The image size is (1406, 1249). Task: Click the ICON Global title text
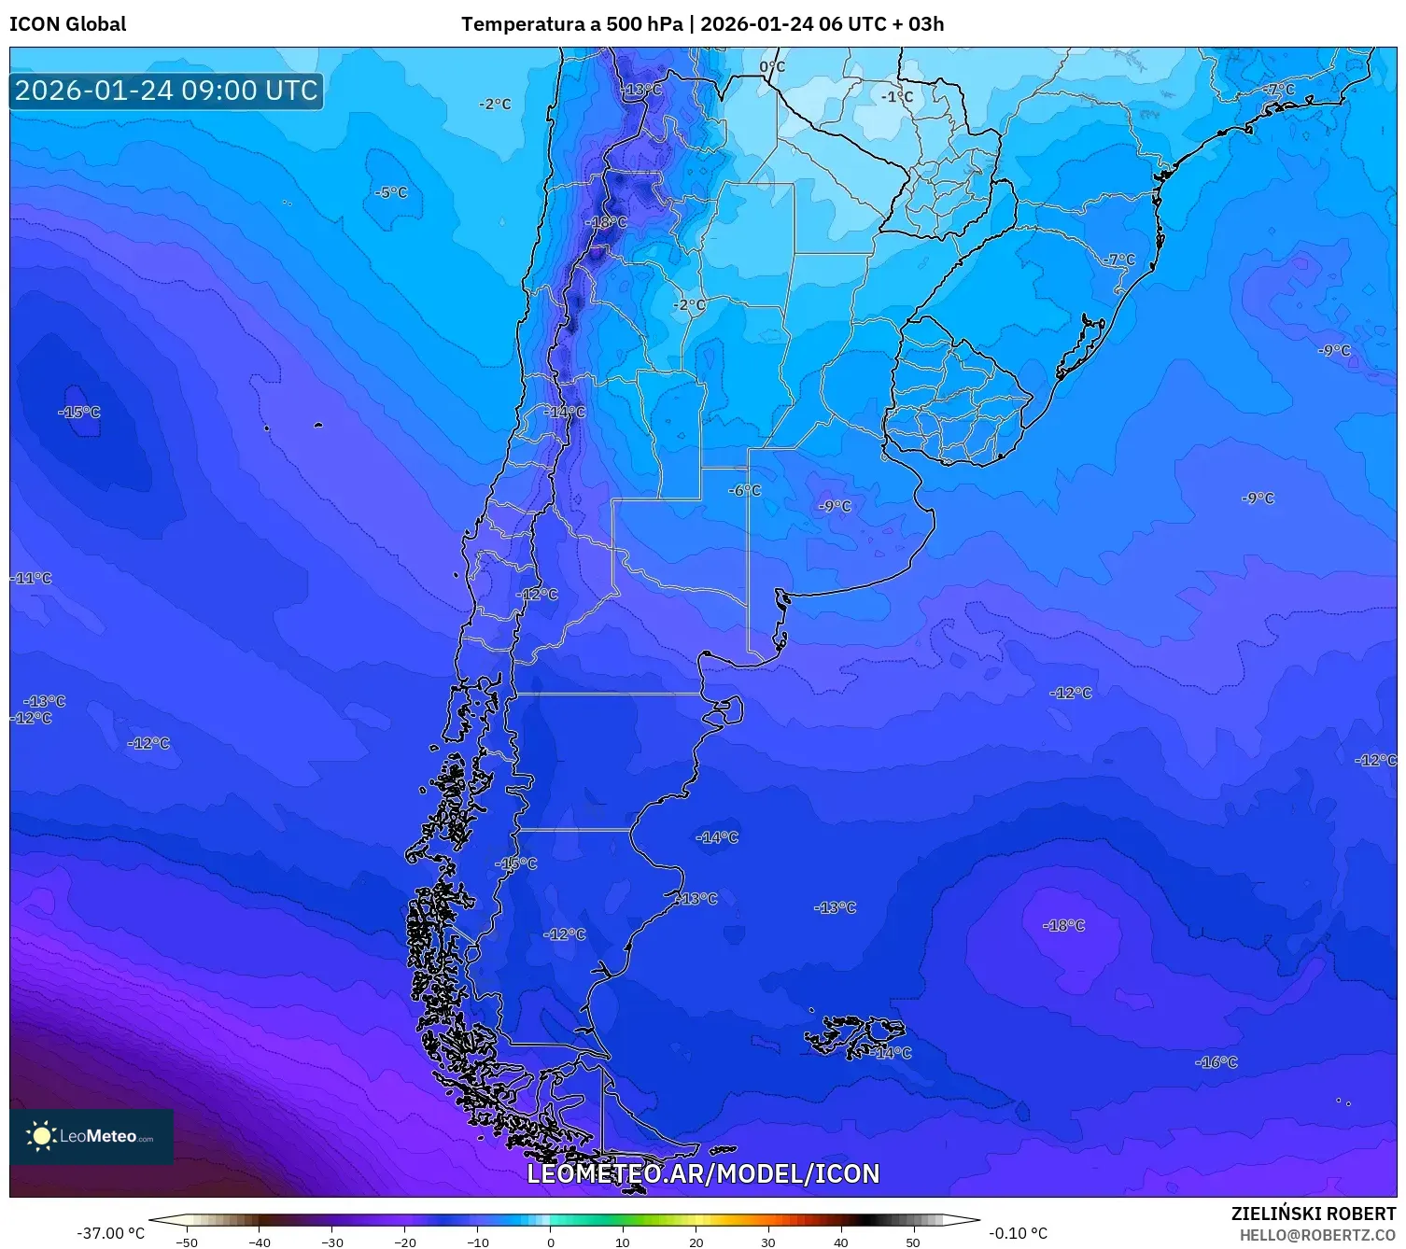tap(67, 24)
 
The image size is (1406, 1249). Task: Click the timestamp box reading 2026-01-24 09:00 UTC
tap(166, 91)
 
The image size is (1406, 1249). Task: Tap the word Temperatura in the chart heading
tap(523, 24)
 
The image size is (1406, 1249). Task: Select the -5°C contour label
tap(391, 192)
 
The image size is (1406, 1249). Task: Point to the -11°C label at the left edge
tap(33, 578)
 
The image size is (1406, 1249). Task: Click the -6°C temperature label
tap(745, 490)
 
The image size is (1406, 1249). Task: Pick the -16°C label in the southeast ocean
tap(1216, 1062)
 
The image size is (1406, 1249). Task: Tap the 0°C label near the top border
tap(772, 67)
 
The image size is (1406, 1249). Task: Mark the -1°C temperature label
tap(897, 97)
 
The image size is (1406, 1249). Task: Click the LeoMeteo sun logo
tap(41, 1136)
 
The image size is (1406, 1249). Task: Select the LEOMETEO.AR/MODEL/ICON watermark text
tap(703, 1173)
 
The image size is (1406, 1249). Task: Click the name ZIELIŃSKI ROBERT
tap(1313, 1214)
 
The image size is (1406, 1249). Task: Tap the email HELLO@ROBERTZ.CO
tap(1317, 1235)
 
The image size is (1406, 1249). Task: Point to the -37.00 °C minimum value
tap(110, 1233)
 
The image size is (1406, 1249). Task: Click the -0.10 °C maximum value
tap(1018, 1233)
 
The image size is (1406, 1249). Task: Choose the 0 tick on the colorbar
tap(550, 1242)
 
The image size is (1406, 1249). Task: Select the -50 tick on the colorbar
tap(187, 1242)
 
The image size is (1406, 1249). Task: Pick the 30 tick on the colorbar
tap(768, 1242)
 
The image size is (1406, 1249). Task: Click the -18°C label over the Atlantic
tap(1064, 925)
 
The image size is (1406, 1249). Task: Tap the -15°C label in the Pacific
tap(79, 412)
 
